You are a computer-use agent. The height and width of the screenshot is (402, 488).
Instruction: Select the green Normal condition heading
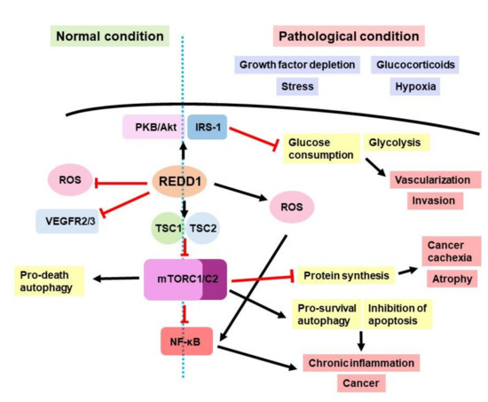(109, 37)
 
